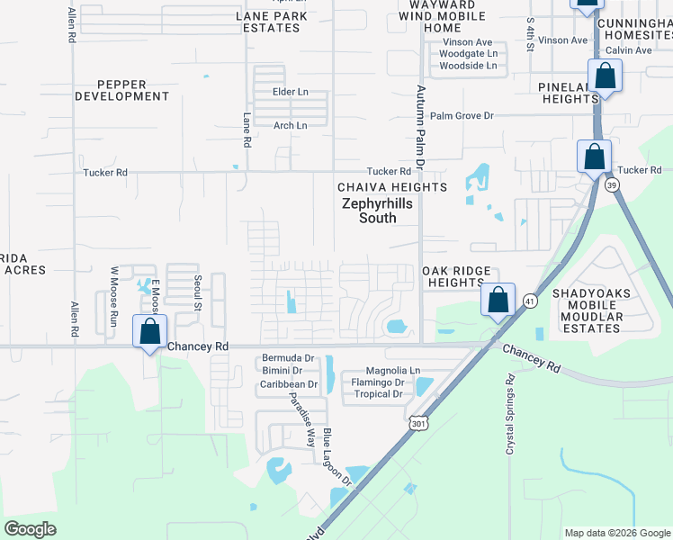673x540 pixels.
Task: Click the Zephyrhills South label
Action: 377,211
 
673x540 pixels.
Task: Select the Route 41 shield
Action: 531,301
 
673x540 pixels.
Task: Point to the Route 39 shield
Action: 612,184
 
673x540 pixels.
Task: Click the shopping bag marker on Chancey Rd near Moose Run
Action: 149,332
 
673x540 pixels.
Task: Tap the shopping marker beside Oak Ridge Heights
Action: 498,301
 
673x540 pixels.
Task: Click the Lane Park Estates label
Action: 271,22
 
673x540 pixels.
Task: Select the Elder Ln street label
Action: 291,93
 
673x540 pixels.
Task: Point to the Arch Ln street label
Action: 291,126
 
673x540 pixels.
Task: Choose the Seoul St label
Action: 196,292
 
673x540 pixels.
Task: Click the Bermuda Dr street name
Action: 288,358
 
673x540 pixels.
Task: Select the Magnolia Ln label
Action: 393,371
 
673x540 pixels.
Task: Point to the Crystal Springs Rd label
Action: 509,414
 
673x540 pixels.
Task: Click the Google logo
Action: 31,529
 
